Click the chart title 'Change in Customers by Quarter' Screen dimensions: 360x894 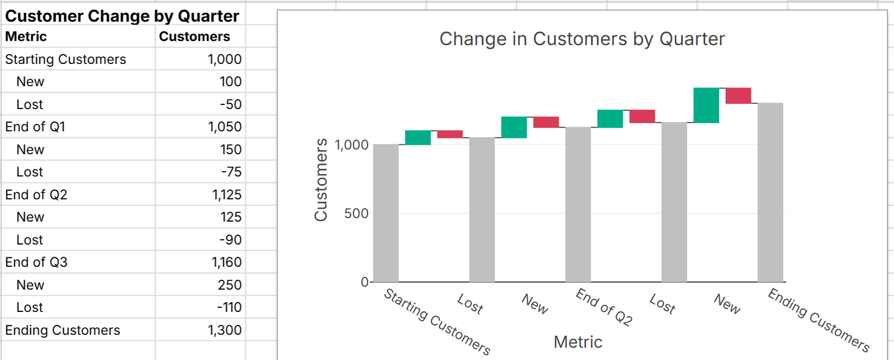(x=582, y=39)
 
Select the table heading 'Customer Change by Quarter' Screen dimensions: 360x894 (x=122, y=16)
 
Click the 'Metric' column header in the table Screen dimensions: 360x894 (x=26, y=37)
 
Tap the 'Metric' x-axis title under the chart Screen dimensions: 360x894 (x=577, y=342)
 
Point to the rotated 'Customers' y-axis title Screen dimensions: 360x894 (x=321, y=180)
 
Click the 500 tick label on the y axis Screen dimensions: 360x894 (x=356, y=214)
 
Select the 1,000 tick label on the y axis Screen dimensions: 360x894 (x=351, y=145)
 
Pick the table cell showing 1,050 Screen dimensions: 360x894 (x=226, y=127)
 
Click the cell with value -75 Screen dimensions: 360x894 (x=230, y=172)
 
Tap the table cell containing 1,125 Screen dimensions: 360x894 (x=226, y=195)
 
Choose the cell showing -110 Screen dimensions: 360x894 (x=229, y=308)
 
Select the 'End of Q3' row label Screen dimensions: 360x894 (x=36, y=262)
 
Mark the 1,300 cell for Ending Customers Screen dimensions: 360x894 (x=225, y=331)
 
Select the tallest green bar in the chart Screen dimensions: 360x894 (x=706, y=106)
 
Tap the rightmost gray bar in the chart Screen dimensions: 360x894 (x=770, y=192)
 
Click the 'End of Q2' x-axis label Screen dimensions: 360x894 (x=604, y=307)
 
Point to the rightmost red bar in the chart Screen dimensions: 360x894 (x=738, y=96)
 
